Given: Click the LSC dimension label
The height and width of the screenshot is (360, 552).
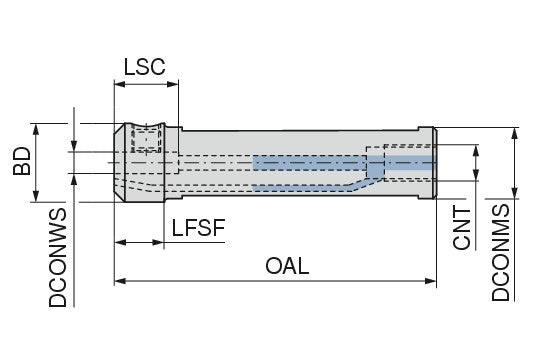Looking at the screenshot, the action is coord(144,67).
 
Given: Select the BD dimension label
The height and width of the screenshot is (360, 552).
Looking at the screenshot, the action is coord(22,161).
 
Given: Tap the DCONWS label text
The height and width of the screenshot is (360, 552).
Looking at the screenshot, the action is coord(58,258).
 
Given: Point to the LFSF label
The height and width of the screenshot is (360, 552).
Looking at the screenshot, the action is coord(198,227).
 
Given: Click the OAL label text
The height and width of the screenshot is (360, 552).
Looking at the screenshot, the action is coord(287,266).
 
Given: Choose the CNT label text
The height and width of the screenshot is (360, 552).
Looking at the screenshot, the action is coord(462,228).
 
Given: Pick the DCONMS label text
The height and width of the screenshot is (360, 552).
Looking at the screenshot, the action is coord(501,252).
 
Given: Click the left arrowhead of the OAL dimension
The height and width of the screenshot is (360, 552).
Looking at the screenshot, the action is coord(120,281).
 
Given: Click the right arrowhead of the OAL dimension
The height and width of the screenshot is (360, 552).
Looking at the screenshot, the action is coord(431,281).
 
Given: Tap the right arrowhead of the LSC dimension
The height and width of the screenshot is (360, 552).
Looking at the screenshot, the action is coord(172,84).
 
